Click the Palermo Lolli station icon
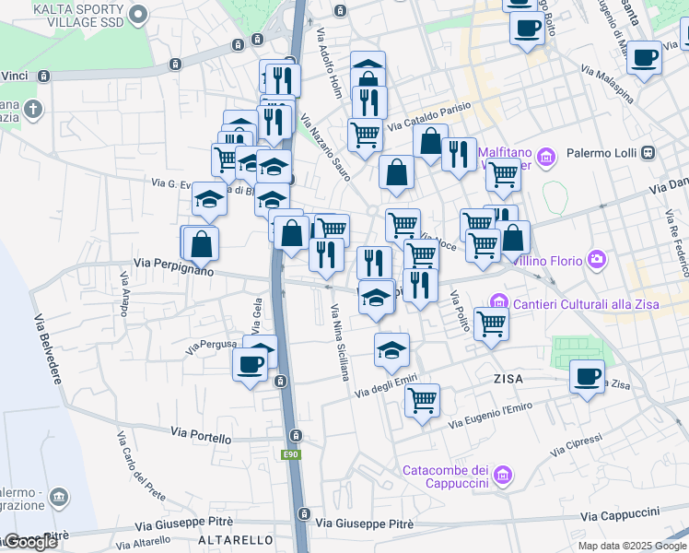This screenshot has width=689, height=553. pos(648,152)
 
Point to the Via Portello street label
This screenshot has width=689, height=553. pos(202,434)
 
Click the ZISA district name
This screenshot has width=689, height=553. pos(509,379)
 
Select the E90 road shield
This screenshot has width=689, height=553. pos(291,455)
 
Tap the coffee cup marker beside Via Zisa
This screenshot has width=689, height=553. pos(587,378)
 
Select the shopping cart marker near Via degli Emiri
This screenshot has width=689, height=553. pos(422,401)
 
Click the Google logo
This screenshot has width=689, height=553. pos(29,542)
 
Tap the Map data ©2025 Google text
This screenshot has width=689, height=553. pos(631,546)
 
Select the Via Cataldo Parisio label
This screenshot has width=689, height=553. pos(428,116)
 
